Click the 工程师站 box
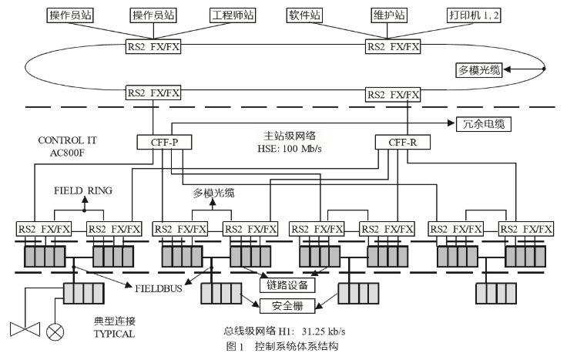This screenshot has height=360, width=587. coord(233,15)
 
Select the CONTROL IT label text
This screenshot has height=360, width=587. coord(65,141)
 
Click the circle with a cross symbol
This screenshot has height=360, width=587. coord(56,331)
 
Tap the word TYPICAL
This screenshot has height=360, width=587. coord(114,334)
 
